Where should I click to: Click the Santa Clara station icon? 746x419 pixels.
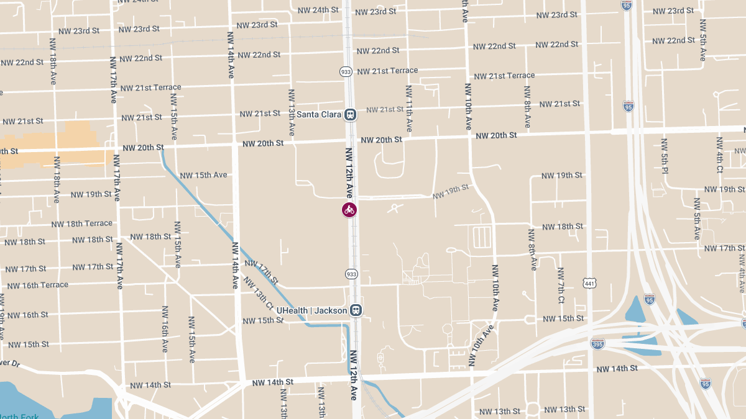pyautogui.click(x=351, y=115)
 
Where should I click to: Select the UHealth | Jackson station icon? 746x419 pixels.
pyautogui.click(x=356, y=310)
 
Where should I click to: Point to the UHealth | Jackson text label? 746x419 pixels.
pyautogui.click(x=311, y=310)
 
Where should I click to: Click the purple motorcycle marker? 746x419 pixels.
pyautogui.click(x=349, y=210)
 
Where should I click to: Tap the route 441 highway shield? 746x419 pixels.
pyautogui.click(x=589, y=283)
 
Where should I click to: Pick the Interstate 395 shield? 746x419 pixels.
pyautogui.click(x=597, y=343)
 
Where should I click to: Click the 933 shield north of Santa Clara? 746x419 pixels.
pyautogui.click(x=346, y=72)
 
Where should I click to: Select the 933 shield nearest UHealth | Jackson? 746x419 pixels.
pyautogui.click(x=351, y=274)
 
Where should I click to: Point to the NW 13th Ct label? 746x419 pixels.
pyautogui.click(x=258, y=293)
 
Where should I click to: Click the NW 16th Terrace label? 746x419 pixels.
pyautogui.click(x=37, y=285)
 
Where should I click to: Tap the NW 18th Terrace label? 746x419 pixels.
pyautogui.click(x=82, y=223)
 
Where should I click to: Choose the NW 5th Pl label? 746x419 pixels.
pyautogui.click(x=665, y=156)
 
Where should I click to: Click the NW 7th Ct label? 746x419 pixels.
pyautogui.click(x=561, y=286)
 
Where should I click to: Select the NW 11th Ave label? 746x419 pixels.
pyautogui.click(x=409, y=109)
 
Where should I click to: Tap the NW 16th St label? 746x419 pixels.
pyautogui.click(x=27, y=315)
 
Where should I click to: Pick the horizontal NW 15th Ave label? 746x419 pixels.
pyautogui.click(x=203, y=175)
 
